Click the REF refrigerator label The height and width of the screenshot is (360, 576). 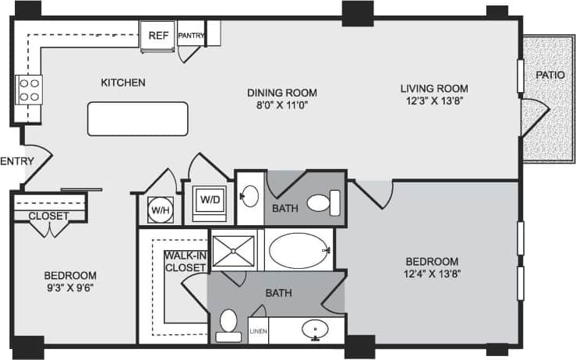159,35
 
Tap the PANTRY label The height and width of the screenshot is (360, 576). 191,36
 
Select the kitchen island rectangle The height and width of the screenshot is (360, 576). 137,118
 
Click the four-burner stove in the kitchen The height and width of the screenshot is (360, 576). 29,90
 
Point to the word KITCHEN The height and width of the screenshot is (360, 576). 123,82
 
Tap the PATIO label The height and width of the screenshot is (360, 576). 549,75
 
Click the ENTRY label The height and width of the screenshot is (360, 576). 16,161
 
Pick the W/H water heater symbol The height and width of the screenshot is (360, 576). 160,209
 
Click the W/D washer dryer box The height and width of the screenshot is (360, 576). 210,199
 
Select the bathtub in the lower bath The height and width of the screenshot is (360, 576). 297,250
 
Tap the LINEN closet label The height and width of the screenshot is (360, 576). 258,332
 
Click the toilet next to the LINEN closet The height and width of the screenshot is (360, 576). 229,326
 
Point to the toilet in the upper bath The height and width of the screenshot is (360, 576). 322,203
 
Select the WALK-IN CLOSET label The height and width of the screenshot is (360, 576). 185,261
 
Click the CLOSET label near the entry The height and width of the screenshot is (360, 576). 48,216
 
